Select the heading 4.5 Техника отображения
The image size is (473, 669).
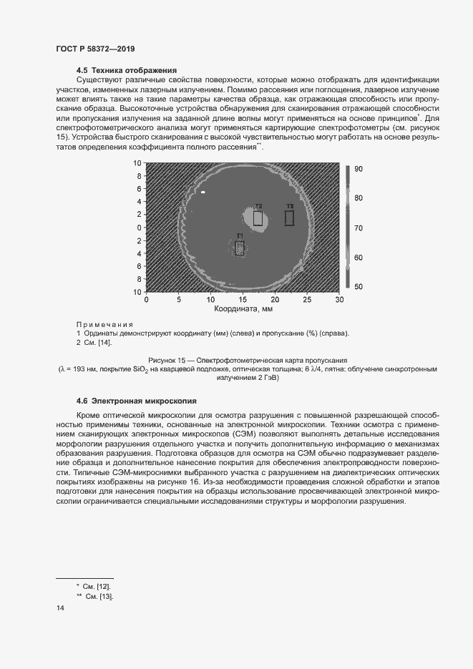pos(126,70)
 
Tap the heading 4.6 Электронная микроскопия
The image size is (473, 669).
pos(136,400)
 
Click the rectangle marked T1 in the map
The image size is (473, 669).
pos(240,248)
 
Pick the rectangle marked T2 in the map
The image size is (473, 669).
pos(258,218)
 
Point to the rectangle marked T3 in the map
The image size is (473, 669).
pos(289,218)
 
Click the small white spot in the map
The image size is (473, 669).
pos(203,192)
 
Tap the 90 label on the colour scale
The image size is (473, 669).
pos(359,169)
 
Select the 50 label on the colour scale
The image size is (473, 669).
pos(359,286)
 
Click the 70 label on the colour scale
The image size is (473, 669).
pos(359,228)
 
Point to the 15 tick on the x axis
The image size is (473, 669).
pos(243,300)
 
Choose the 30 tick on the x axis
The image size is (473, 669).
pos(339,300)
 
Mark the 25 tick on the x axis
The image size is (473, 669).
pos(307,300)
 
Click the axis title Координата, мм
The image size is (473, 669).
pos(243,310)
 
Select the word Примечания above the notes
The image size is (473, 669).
pos(105,324)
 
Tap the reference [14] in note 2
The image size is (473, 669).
pos(104,343)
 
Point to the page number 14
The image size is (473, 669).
pos(60,608)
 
